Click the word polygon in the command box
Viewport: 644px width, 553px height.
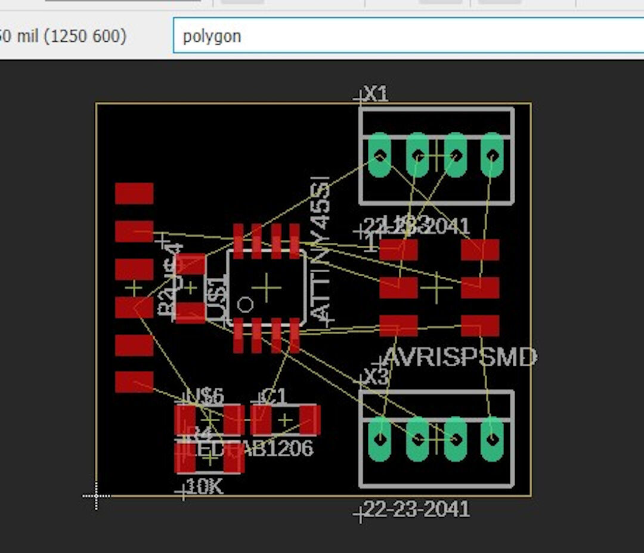point(212,36)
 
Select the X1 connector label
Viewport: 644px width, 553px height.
point(376,94)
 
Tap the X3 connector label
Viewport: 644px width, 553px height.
point(376,376)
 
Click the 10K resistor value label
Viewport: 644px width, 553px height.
point(205,487)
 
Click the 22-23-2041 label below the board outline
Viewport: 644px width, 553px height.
point(417,509)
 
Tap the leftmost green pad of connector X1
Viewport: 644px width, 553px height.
point(380,155)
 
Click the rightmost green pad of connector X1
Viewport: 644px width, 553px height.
point(493,155)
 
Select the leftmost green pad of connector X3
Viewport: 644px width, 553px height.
point(380,439)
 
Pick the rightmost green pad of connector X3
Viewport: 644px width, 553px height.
point(493,439)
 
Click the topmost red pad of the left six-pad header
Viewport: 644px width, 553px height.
point(134,193)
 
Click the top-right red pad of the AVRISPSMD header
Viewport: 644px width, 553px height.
point(480,250)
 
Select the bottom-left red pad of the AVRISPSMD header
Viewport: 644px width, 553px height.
point(398,326)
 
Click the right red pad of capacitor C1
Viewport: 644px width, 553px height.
point(310,420)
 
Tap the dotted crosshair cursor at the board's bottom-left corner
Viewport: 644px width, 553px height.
point(96,496)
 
